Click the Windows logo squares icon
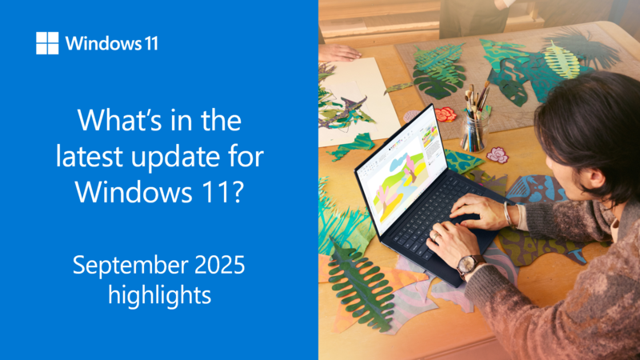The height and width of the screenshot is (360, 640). point(47,43)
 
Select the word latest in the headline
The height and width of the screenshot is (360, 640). point(89,156)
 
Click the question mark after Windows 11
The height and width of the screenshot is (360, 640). point(237,191)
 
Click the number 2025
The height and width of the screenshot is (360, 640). point(219,265)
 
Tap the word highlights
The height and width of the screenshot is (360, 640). point(159,295)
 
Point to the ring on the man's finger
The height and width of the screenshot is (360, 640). point(436,235)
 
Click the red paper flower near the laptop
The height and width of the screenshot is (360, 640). point(446,114)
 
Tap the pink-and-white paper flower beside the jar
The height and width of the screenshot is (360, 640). point(497,155)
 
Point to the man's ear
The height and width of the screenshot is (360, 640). point(593,178)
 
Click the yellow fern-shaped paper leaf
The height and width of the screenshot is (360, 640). point(562,60)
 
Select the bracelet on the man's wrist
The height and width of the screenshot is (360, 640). point(507,214)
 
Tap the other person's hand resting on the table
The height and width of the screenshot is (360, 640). point(338,53)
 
